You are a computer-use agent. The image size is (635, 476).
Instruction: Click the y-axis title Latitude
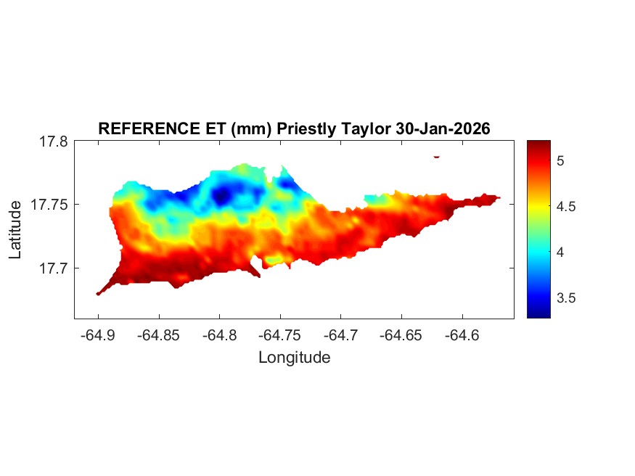(x=15, y=230)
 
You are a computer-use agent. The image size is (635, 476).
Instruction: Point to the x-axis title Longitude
(x=294, y=358)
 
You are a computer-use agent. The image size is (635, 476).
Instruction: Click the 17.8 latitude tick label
(x=53, y=141)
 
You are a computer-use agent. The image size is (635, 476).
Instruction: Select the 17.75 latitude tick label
(x=49, y=205)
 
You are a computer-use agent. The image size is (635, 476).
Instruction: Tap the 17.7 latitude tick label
(x=53, y=268)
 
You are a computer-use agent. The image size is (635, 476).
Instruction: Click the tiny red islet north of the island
(x=437, y=156)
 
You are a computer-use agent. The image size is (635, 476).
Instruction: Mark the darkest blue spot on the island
(x=222, y=194)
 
